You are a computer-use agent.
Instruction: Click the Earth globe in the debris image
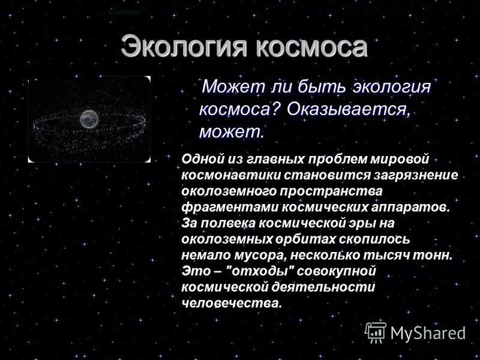88,118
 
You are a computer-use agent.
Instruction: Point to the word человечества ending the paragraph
231,303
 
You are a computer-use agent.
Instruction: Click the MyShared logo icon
376,332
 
